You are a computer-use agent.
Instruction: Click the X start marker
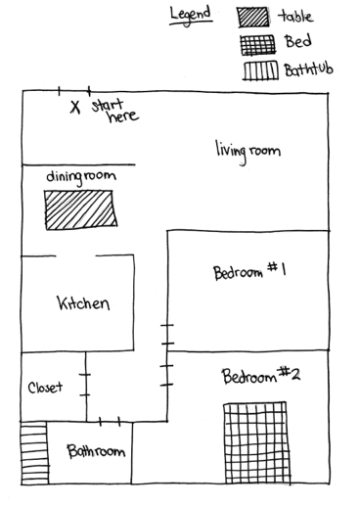coord(75,107)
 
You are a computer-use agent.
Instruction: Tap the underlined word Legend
coord(191,16)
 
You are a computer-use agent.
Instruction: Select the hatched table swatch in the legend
coord(253,18)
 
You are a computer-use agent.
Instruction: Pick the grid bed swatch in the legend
coord(258,45)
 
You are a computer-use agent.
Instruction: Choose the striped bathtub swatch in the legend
coord(260,70)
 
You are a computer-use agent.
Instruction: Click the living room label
coord(247,152)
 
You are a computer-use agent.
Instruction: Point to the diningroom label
coord(81,177)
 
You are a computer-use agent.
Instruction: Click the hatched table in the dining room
coord(80,210)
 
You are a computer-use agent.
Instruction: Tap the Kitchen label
coord(83,303)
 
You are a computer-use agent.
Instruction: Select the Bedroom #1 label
coord(249,272)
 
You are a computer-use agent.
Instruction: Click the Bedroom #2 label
coord(261,376)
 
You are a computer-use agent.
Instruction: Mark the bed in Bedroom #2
coord(256,443)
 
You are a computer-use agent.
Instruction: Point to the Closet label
coord(45,388)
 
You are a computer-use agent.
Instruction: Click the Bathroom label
coord(96,451)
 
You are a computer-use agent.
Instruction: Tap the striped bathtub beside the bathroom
coord(34,453)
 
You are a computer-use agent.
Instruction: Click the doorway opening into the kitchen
coord(75,255)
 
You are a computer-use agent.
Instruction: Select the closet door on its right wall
coord(86,385)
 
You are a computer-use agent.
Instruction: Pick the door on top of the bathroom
coord(110,422)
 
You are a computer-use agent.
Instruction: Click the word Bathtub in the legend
coord(308,69)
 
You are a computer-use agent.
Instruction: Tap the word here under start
coord(123,116)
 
